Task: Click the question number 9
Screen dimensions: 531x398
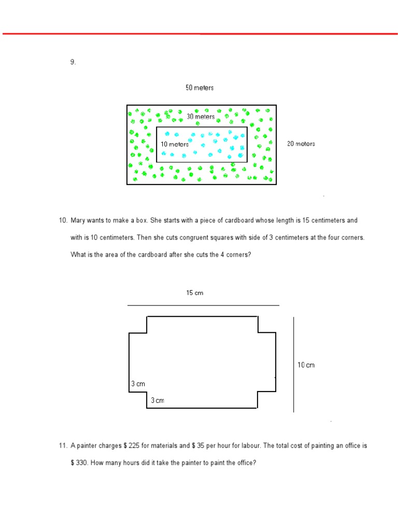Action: (73, 62)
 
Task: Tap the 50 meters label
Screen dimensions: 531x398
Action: (200, 88)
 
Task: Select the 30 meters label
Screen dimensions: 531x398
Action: (201, 117)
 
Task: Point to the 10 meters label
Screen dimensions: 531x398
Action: (175, 144)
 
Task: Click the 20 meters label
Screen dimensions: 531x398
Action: (301, 144)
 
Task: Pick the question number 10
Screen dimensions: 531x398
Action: (63, 220)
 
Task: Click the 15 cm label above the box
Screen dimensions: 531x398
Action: (195, 293)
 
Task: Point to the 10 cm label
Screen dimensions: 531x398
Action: (306, 365)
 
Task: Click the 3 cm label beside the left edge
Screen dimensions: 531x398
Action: (138, 384)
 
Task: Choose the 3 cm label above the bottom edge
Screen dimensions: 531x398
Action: (158, 400)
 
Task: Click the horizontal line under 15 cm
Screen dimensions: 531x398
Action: (203, 305)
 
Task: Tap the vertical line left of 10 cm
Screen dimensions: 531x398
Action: (294, 365)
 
